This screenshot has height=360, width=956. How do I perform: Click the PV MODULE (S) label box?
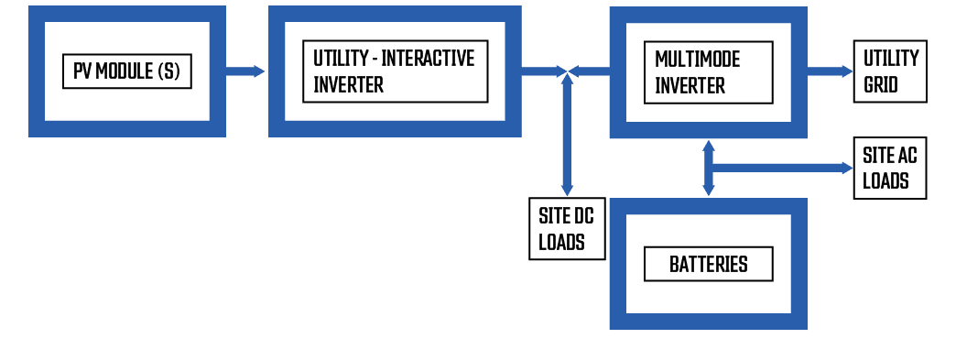[x=127, y=71]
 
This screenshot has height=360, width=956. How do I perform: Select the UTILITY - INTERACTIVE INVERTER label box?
[x=395, y=71]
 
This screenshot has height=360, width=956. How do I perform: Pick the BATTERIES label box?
[x=708, y=265]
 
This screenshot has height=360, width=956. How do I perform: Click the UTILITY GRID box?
[x=890, y=71]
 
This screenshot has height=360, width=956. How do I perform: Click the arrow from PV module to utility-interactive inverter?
[x=245, y=71]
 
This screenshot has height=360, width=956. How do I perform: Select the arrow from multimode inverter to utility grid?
[x=829, y=71]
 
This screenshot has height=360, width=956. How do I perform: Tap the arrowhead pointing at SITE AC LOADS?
[x=844, y=168]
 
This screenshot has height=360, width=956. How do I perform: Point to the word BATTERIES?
[x=708, y=265]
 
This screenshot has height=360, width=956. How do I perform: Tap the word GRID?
[x=880, y=84]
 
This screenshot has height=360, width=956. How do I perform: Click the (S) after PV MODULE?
[x=168, y=71]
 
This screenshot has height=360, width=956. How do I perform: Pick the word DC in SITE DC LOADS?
[x=583, y=217]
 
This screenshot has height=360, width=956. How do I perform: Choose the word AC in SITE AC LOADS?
[x=906, y=156]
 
